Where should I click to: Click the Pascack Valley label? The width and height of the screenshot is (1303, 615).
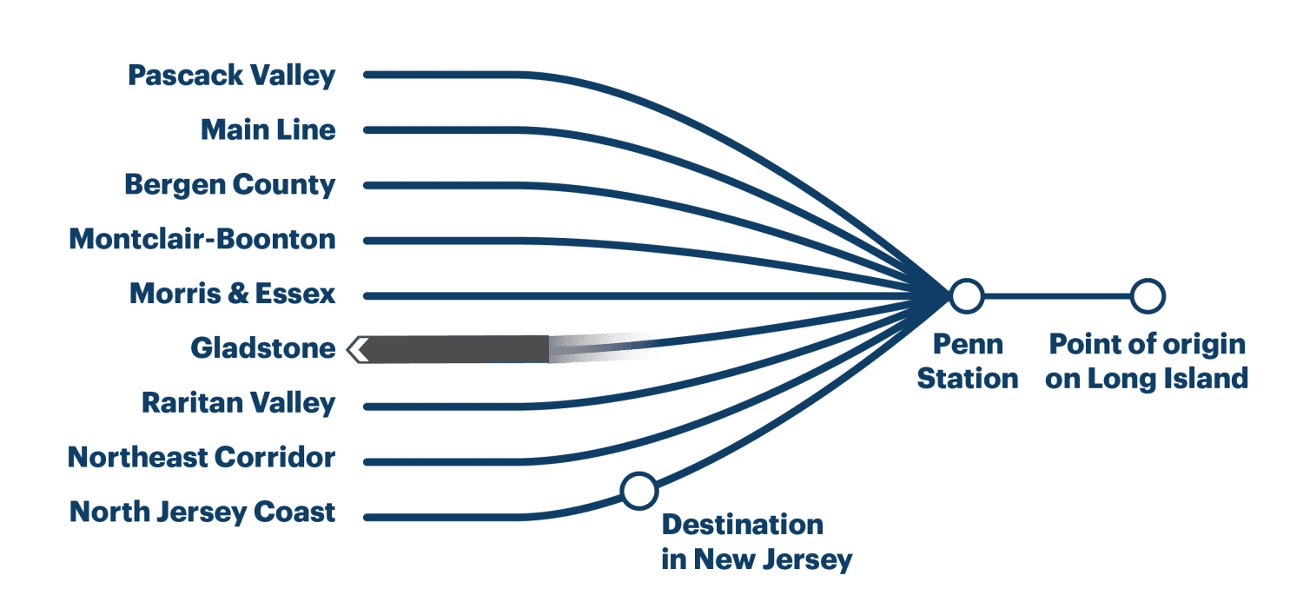pos(231,76)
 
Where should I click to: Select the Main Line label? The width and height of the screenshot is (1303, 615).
pos(268,130)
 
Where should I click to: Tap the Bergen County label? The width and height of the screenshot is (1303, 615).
pos(229,185)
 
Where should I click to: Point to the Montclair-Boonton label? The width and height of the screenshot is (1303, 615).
pos(202,239)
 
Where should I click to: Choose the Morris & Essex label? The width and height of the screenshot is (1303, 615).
pos(232,294)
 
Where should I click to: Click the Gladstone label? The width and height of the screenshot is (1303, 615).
pos(262,349)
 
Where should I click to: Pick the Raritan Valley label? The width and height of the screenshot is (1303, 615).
pos(238,404)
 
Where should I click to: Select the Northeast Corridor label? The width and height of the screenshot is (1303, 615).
pos(202,458)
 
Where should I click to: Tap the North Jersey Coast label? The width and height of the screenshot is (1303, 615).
pos(202,512)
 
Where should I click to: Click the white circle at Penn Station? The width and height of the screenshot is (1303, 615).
pos(965,296)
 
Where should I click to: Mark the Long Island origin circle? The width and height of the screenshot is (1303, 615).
pos(1147,296)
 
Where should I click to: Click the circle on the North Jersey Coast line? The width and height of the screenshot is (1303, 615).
pos(639,491)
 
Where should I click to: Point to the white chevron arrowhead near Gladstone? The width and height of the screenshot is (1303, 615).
pos(358,349)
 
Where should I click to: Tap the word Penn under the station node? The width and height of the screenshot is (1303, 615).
pos(968,345)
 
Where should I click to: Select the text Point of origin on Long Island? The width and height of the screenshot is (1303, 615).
pos(1147,361)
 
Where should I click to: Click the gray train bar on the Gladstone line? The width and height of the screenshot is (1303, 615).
pos(460,349)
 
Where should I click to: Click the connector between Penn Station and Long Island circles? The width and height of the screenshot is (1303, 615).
pos(1055,296)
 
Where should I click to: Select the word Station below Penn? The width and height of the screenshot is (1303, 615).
pos(968,379)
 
